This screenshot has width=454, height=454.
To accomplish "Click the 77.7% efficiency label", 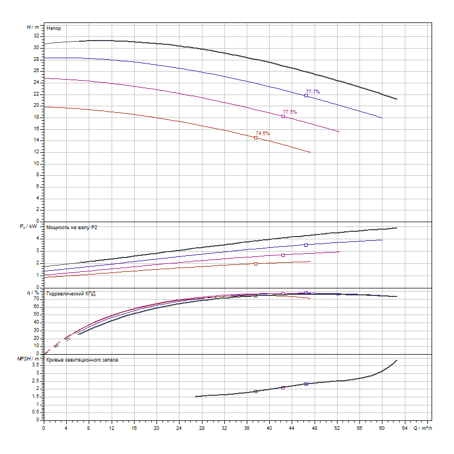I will pos(313,92).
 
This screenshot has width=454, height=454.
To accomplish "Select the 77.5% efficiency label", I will pos(290,112).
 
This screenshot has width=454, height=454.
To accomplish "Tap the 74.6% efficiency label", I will pos(263,134).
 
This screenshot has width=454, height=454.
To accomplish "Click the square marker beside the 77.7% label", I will pos(306,96).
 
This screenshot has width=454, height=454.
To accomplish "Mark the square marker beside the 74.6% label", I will pos(256,138).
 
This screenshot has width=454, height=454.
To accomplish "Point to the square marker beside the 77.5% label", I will pos(283,116).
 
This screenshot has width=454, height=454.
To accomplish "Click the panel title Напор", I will pos(53,28).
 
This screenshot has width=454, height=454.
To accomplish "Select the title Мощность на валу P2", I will pos(72,228).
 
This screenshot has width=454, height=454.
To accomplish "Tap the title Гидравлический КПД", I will pos(71,294).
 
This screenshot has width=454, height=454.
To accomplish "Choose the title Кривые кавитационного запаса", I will pos(82,361).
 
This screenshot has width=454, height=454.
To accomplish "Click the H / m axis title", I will pos(33,27).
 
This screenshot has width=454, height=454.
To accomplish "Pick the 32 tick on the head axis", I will pos(36,36).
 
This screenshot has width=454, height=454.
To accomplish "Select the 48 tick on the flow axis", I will pos(315,428).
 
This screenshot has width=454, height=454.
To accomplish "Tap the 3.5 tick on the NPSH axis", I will pos(35,365).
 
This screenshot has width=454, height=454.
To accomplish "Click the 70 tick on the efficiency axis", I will pos(36,299).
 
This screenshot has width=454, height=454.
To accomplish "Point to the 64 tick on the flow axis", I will pos(404,428).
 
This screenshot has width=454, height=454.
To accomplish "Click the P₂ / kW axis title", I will pos(29,227).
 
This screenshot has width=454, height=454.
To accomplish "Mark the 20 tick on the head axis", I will pos(36,105).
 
